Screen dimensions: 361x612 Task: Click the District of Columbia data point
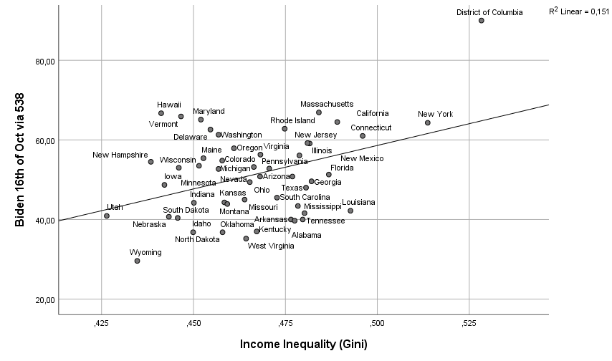[x=482, y=21]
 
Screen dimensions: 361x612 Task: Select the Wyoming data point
[x=137, y=261]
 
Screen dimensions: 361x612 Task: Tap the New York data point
[x=428, y=122]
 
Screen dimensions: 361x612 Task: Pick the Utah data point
[x=107, y=216]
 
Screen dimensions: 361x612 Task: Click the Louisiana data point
[x=350, y=211]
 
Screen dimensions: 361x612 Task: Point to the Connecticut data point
[x=363, y=136]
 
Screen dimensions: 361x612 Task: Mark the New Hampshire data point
[x=151, y=162]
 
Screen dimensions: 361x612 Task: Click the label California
[x=373, y=113]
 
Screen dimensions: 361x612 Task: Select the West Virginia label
[x=271, y=246]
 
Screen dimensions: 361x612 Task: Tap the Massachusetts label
[x=327, y=104]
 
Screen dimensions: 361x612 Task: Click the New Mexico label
[x=362, y=158]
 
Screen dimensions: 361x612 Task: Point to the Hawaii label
[x=170, y=105]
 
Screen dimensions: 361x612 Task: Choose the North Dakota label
[x=197, y=239]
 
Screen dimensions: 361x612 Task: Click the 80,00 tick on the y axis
[x=46, y=61]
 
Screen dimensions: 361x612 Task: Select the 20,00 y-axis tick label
[x=46, y=299]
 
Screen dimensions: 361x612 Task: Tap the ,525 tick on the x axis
[x=469, y=324]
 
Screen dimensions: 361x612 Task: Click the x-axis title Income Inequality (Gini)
[x=304, y=345]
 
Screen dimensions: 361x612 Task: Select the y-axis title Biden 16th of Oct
[x=20, y=159]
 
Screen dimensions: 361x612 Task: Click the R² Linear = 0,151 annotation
[x=578, y=11]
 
